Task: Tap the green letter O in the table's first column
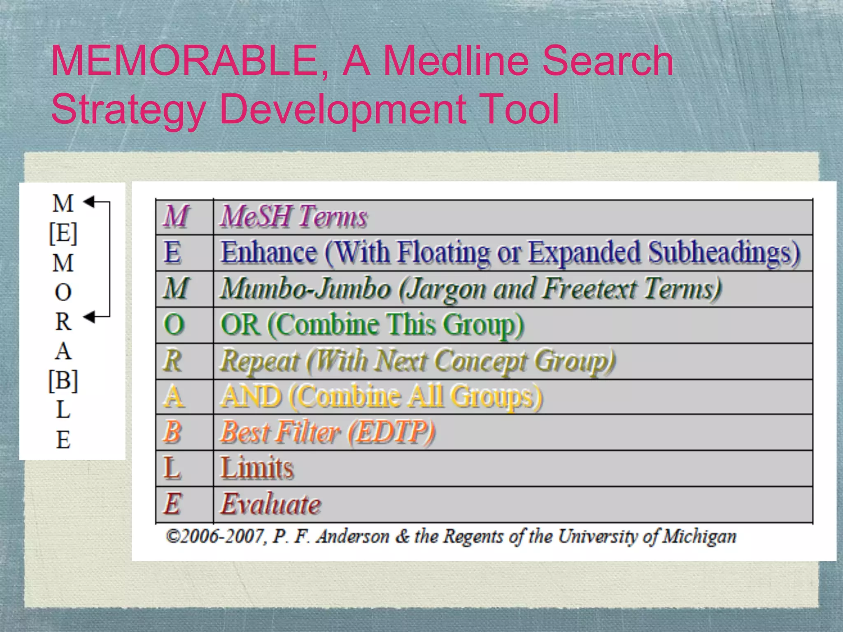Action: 174,324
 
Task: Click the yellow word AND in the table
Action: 251,397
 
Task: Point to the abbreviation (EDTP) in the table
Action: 391,432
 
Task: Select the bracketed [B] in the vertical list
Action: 63,380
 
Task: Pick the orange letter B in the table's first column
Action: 172,432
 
